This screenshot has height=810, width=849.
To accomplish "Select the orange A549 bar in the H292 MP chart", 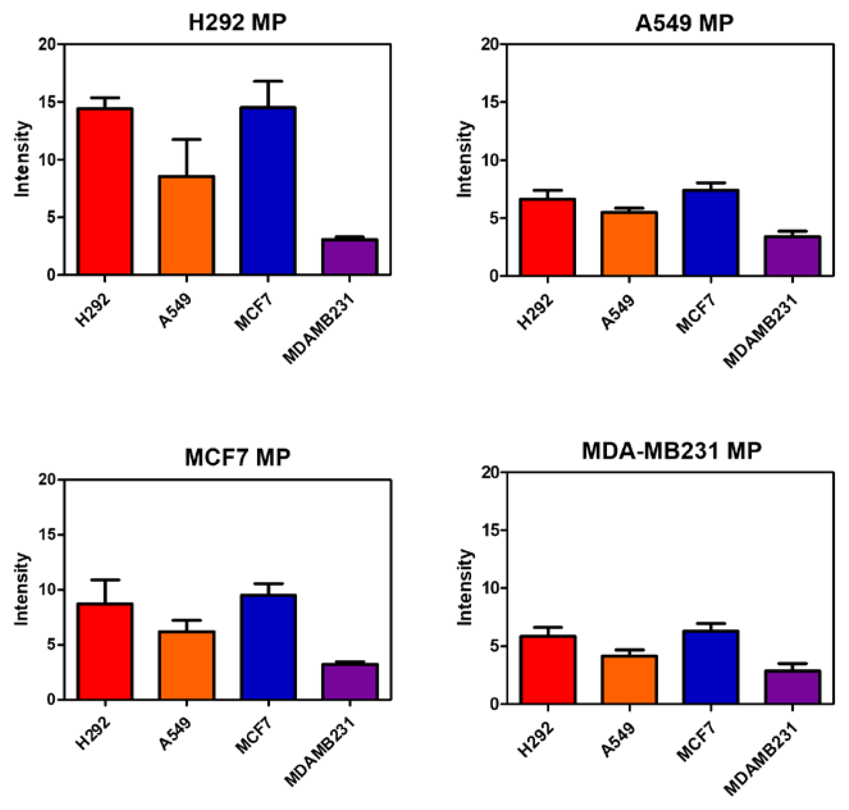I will point(186,225).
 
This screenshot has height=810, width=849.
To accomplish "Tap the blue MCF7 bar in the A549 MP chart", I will point(711,233).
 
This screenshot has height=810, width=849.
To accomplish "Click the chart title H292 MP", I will point(237,23).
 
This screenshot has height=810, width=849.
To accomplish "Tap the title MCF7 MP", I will point(237,458).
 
